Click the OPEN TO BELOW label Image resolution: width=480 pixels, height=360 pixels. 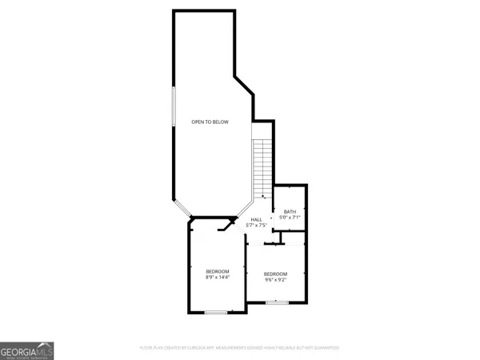pos(210,122)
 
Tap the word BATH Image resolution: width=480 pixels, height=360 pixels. pos(290,212)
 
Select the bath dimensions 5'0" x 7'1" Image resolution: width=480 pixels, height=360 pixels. pos(289,218)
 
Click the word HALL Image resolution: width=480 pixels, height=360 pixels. pos(257,220)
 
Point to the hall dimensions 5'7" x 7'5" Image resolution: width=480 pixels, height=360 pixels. pos(257,226)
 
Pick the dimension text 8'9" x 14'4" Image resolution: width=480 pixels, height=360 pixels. pos(218,277)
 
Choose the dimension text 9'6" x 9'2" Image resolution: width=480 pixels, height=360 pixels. pos(276,280)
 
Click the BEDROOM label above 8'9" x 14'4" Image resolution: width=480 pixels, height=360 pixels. pos(218,271)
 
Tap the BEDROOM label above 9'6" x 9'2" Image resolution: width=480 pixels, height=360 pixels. pos(276,274)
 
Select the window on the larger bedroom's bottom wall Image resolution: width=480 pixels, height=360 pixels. pos(215,312)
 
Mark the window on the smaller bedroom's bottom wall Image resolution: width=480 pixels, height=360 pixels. pos(277,302)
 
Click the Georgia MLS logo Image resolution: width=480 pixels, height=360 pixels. pos(27,350)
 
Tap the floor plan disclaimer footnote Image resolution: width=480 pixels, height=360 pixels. pos(240,348)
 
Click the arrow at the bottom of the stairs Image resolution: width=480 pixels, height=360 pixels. pos(263,197)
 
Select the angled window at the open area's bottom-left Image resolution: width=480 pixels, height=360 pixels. pos(182,209)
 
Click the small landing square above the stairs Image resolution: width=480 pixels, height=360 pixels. pos(262,130)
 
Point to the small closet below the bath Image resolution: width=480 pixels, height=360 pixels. pos(293,238)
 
